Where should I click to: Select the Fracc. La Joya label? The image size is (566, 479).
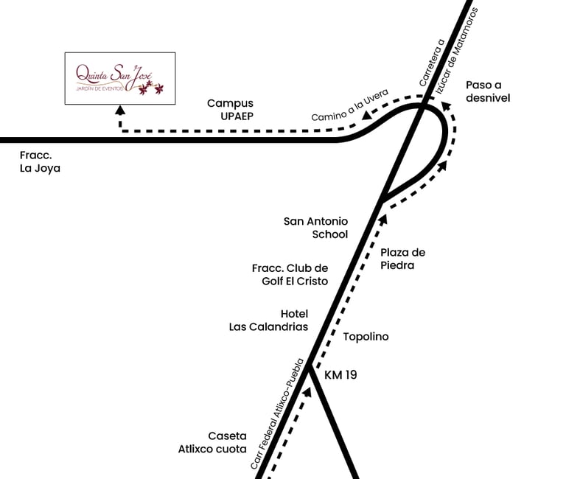[x=41, y=162]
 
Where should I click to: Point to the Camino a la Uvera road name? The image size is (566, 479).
[x=349, y=105]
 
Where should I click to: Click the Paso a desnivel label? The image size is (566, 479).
[x=488, y=91]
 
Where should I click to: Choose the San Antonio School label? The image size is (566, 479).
[x=316, y=228]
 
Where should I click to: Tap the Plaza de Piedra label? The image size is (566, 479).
[x=402, y=259]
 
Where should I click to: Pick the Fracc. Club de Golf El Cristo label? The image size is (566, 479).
[x=290, y=275]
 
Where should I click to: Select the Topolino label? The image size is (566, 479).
[x=366, y=337]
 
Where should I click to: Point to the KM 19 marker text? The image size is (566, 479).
[x=340, y=375]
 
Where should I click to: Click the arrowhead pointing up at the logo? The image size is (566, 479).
[x=120, y=109]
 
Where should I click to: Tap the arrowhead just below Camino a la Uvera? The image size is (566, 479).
[x=366, y=116]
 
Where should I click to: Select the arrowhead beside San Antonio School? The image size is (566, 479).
[x=382, y=216]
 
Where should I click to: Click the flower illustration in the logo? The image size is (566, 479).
[x=153, y=88]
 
